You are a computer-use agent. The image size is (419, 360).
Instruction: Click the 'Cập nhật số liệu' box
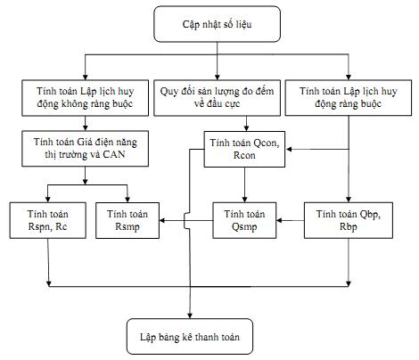click(217, 24)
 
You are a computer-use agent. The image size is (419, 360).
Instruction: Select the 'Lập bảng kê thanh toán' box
click(190, 337)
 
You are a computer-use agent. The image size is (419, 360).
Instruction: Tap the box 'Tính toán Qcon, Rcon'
click(244, 149)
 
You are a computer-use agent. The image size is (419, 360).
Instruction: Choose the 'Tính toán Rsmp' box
click(127, 220)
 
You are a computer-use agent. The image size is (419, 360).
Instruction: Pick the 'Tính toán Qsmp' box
click(244, 220)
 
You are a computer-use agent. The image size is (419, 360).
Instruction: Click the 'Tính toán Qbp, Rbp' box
click(349, 220)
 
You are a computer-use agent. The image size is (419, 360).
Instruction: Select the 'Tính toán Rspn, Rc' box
click(48, 220)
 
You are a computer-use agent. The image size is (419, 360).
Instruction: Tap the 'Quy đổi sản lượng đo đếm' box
click(217, 98)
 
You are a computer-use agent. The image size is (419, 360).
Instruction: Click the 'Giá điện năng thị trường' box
click(86, 149)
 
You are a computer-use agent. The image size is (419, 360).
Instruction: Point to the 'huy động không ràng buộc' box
click(86, 98)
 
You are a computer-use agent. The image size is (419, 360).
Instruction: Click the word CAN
click(114, 154)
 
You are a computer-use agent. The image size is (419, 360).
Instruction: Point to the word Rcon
click(244, 155)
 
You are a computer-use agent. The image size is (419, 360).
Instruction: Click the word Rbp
click(349, 226)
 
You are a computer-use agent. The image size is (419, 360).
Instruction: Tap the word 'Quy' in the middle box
click(168, 92)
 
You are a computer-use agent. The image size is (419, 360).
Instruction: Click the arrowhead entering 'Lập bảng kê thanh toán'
click(190, 315)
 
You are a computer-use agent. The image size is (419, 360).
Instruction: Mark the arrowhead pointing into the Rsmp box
click(162, 220)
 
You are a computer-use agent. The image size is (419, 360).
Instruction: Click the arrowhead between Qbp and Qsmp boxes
click(279, 220)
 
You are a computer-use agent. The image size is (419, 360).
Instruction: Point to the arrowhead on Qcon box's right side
click(288, 149)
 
